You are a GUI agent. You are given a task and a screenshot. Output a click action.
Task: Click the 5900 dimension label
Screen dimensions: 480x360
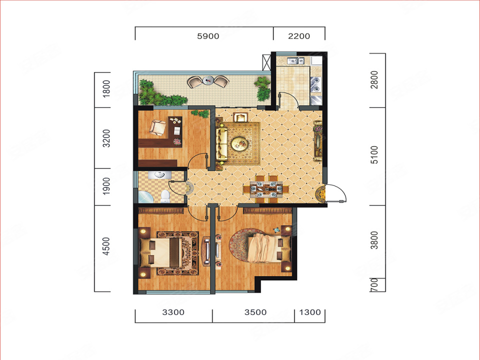point(208,36)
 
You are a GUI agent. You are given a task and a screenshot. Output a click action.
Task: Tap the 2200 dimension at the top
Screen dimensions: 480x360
point(299,36)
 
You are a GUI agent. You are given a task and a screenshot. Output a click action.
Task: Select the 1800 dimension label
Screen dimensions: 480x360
point(106,89)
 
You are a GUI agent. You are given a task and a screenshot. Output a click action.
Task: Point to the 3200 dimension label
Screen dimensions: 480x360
point(106,138)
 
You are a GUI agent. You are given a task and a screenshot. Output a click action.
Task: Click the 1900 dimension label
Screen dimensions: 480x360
point(106,186)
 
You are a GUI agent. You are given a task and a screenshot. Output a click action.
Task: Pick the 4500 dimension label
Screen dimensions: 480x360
point(106,246)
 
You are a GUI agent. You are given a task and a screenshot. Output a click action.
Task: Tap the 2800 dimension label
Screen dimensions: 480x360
point(374,79)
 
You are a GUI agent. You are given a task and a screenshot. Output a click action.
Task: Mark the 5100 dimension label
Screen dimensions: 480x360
point(374,154)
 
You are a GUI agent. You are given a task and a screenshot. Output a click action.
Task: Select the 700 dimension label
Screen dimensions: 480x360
point(374,284)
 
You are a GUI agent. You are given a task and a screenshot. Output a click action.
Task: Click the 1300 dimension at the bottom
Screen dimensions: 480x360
point(310,312)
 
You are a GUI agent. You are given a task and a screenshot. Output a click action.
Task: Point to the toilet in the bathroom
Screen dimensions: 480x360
point(165,196)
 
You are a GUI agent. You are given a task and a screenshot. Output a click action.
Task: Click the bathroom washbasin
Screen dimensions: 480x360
point(160,175)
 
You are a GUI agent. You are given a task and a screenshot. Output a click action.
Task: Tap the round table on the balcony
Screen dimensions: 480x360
point(208,81)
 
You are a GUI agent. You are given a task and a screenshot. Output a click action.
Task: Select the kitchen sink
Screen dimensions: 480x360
point(295,61)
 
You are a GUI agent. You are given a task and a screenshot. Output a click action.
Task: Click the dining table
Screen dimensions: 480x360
point(266,189)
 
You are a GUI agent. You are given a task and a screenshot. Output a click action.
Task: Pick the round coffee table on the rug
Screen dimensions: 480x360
point(239,143)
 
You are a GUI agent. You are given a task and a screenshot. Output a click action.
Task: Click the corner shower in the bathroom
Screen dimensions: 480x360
point(145,197)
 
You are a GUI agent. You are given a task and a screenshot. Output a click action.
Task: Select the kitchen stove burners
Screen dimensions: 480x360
point(315,85)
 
